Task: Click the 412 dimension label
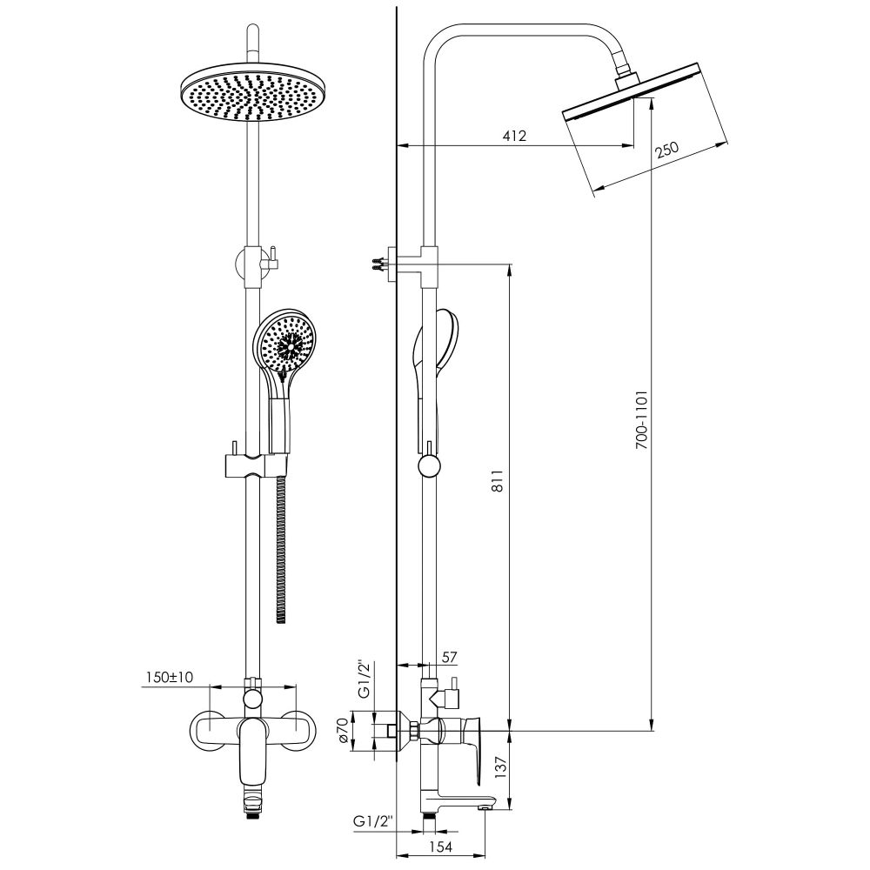[x=514, y=136]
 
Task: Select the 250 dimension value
[x=667, y=150]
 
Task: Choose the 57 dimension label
[x=449, y=657]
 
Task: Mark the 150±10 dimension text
[x=170, y=677]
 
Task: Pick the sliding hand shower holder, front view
[x=256, y=465]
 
